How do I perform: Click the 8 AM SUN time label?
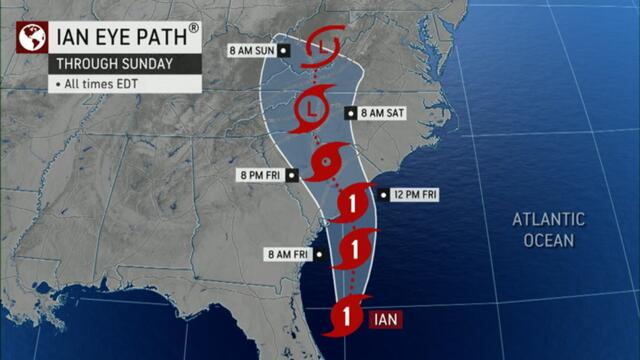click(x=251, y=50)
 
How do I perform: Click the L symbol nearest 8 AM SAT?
click(x=313, y=107)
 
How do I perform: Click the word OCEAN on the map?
click(x=549, y=240)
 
